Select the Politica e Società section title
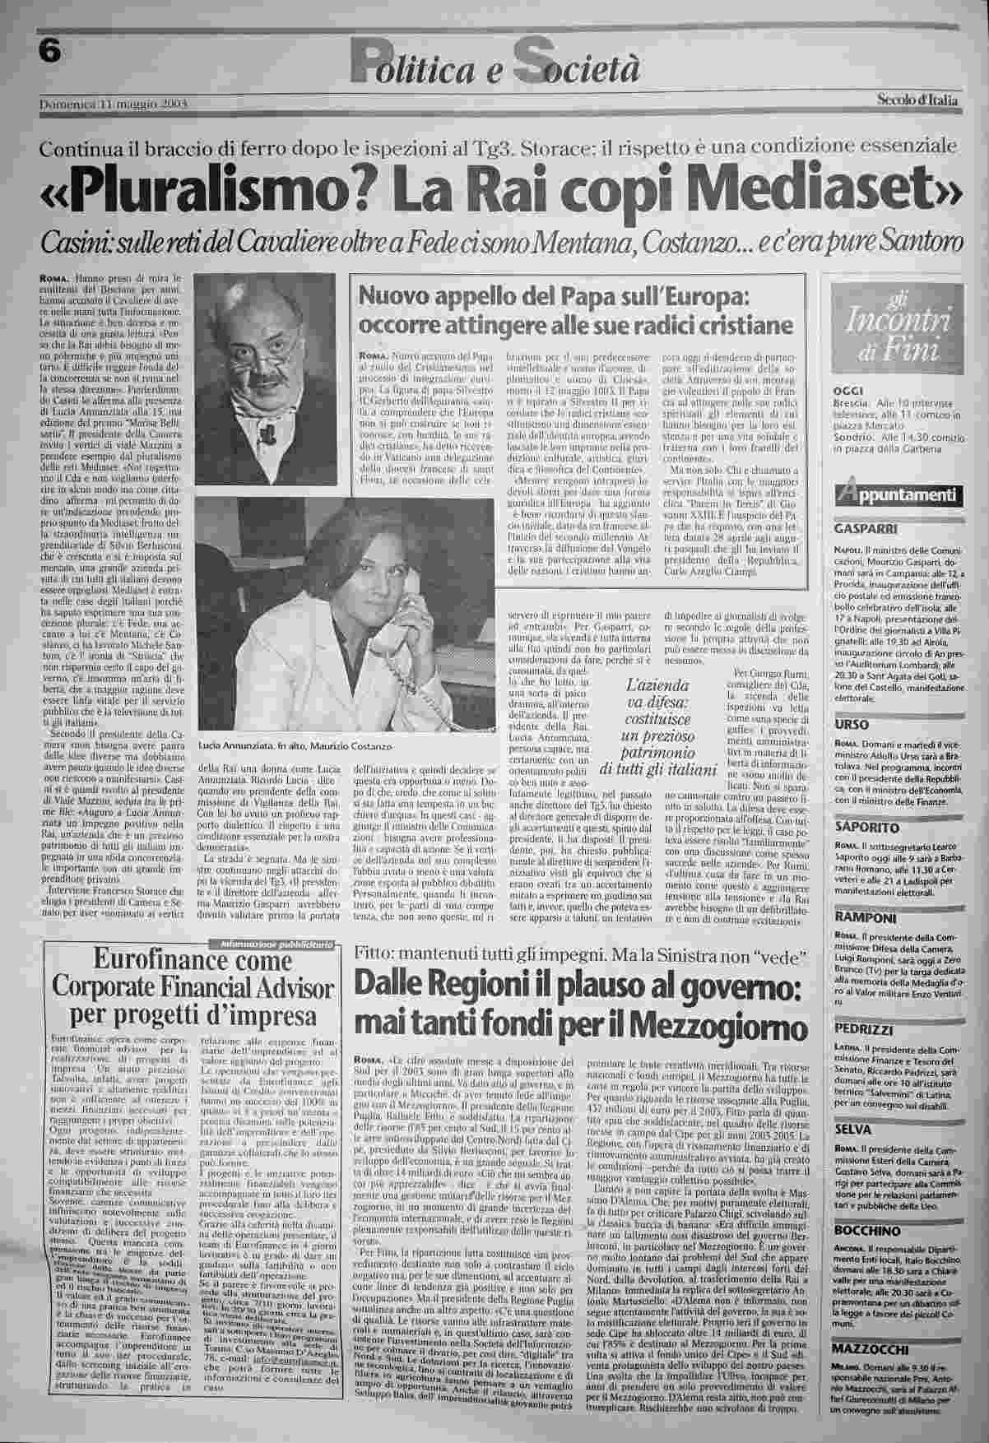click(x=494, y=67)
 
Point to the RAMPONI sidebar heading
click(x=861, y=916)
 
